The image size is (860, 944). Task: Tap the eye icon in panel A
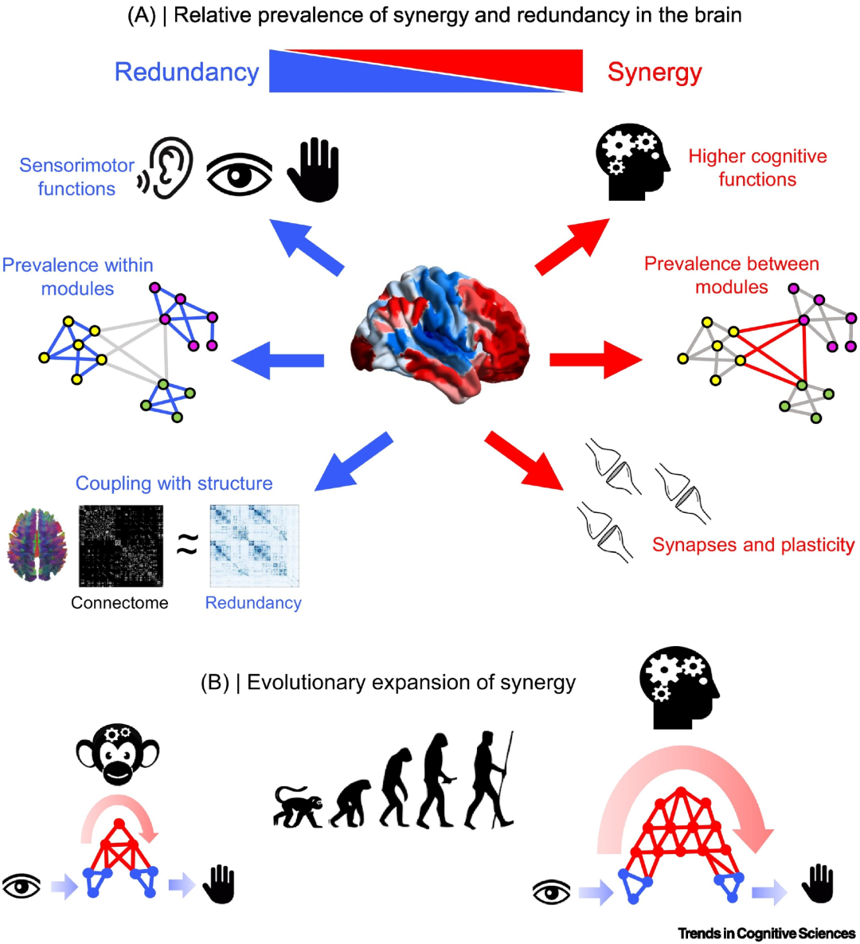[239, 174]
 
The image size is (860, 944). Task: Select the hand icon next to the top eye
[315, 170]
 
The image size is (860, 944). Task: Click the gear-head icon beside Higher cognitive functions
[632, 162]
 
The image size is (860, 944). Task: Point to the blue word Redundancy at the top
[186, 72]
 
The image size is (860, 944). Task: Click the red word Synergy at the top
[655, 72]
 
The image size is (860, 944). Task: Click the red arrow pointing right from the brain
[596, 360]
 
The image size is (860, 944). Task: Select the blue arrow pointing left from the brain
[277, 361]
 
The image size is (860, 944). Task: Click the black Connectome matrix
[121, 546]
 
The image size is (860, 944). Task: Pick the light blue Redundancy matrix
[254, 546]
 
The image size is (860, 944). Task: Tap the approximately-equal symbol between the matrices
[187, 545]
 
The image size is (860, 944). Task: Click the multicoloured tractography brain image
[37, 544]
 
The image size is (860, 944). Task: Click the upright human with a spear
[489, 780]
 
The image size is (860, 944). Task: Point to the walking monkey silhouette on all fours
[299, 807]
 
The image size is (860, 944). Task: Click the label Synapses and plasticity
[753, 544]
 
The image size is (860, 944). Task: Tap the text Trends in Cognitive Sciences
[767, 933]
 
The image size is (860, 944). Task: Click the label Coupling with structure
[174, 483]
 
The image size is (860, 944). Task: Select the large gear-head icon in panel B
[679, 687]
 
